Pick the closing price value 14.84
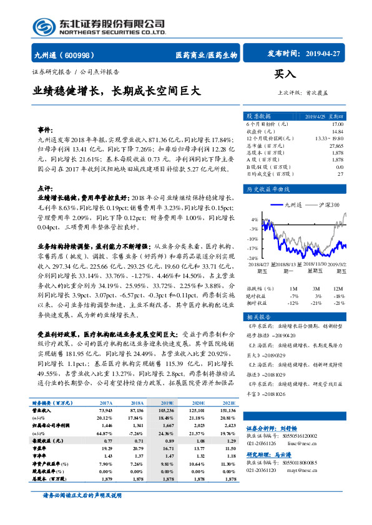(x=337, y=131)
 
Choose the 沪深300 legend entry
(x=328, y=204)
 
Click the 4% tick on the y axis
(x=253, y=220)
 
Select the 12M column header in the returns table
(x=338, y=289)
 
